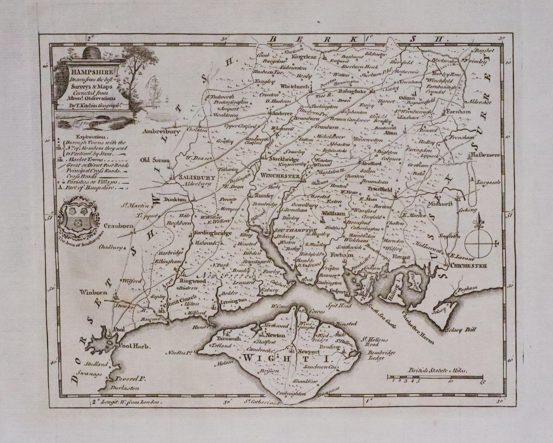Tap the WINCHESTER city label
click(280, 176)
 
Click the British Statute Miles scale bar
click(435, 377)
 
